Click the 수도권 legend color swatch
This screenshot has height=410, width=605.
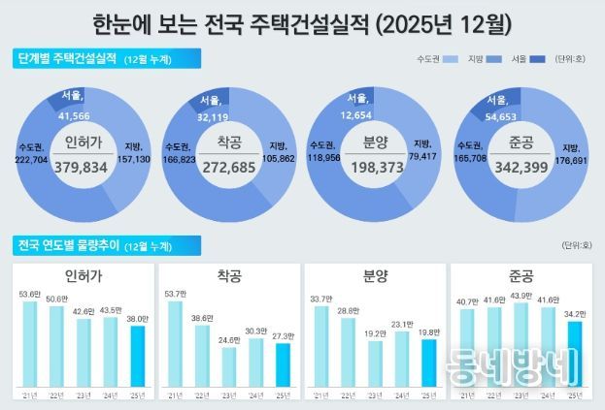[x=450, y=60]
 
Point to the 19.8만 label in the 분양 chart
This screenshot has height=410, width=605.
[x=429, y=331]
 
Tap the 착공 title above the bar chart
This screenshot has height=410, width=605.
[x=229, y=277]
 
